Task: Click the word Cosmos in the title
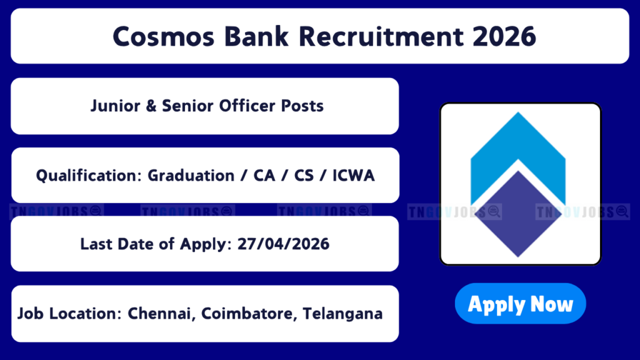163,36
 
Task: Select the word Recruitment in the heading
381,36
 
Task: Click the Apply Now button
521,304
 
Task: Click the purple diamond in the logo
518,214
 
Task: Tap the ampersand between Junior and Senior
151,106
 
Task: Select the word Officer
247,106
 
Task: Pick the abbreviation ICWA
354,176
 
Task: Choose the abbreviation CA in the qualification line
264,176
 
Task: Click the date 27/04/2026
283,244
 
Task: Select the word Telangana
343,314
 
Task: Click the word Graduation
191,176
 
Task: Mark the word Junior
116,106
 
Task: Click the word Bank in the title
256,36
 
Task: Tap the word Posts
302,106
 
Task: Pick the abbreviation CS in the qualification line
304,176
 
